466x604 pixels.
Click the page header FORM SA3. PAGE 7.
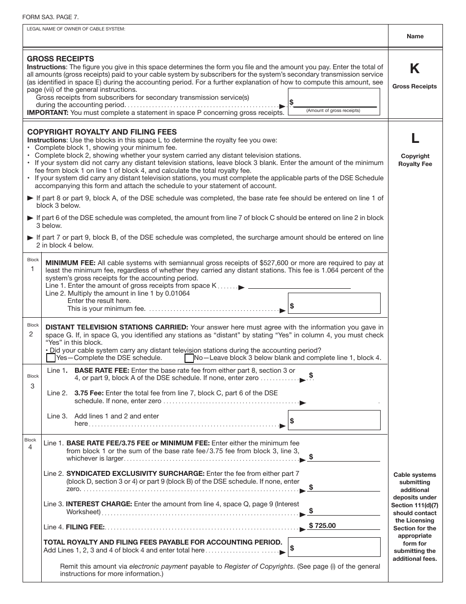point(50,17)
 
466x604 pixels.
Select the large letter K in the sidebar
point(414,69)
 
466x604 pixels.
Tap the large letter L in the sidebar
point(415,139)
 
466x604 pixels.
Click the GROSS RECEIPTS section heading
point(60,59)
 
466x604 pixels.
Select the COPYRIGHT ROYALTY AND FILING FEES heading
point(102,132)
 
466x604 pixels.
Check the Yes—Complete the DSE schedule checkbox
point(51,358)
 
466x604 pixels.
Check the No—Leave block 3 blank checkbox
point(189,358)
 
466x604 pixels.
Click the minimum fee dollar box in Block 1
point(334,303)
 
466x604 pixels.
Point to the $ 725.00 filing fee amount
point(323,525)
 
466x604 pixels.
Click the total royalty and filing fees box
point(334,547)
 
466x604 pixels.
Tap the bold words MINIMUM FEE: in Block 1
point(68,263)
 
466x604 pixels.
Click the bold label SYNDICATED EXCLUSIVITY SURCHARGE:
point(135,473)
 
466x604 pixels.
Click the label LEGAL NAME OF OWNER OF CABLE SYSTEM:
point(77,29)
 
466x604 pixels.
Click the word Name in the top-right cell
point(415,36)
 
